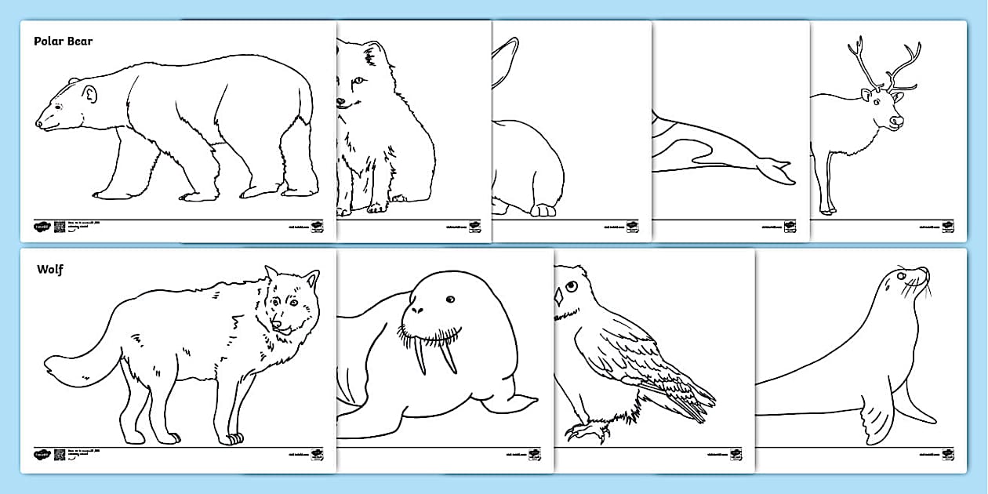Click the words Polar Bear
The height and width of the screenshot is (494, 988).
coord(63,42)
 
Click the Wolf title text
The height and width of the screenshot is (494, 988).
coord(50,270)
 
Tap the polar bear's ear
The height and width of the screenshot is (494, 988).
coord(89,94)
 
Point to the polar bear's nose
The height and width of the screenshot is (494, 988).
coord(39,123)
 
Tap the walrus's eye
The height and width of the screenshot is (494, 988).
coord(450,299)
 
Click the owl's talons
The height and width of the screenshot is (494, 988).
coord(583,430)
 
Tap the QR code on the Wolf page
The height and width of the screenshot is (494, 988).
coord(60,455)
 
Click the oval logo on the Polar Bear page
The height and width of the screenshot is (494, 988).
coord(41,227)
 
